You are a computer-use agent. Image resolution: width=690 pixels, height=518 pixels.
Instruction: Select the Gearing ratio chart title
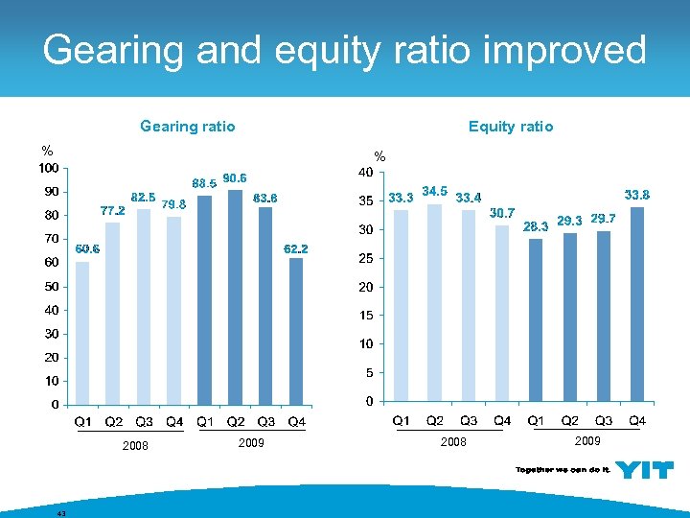[187, 126]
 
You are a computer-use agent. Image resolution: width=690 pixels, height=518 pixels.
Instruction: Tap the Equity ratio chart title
[510, 126]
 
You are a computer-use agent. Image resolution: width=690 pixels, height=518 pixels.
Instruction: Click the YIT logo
[644, 470]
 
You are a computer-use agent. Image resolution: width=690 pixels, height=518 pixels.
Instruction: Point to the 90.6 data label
[235, 177]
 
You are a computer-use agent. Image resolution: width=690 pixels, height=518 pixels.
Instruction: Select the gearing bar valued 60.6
[82, 332]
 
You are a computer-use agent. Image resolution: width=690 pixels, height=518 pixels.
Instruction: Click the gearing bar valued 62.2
[296, 330]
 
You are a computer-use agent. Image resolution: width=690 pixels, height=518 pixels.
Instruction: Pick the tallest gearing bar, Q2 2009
[235, 296]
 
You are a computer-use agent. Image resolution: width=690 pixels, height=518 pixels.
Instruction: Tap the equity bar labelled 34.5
[434, 302]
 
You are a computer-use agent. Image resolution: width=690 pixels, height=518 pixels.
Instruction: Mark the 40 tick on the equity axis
[365, 174]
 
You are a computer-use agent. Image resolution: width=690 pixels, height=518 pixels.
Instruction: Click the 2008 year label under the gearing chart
[135, 445]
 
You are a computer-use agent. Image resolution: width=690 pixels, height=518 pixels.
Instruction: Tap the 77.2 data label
[113, 210]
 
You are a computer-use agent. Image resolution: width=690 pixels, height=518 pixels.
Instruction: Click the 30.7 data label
[502, 213]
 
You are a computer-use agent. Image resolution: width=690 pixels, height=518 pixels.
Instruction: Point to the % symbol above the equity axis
[379, 156]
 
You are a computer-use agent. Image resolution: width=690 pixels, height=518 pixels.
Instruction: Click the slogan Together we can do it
[563, 470]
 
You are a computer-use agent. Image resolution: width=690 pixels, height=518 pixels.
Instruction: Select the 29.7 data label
[603, 219]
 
